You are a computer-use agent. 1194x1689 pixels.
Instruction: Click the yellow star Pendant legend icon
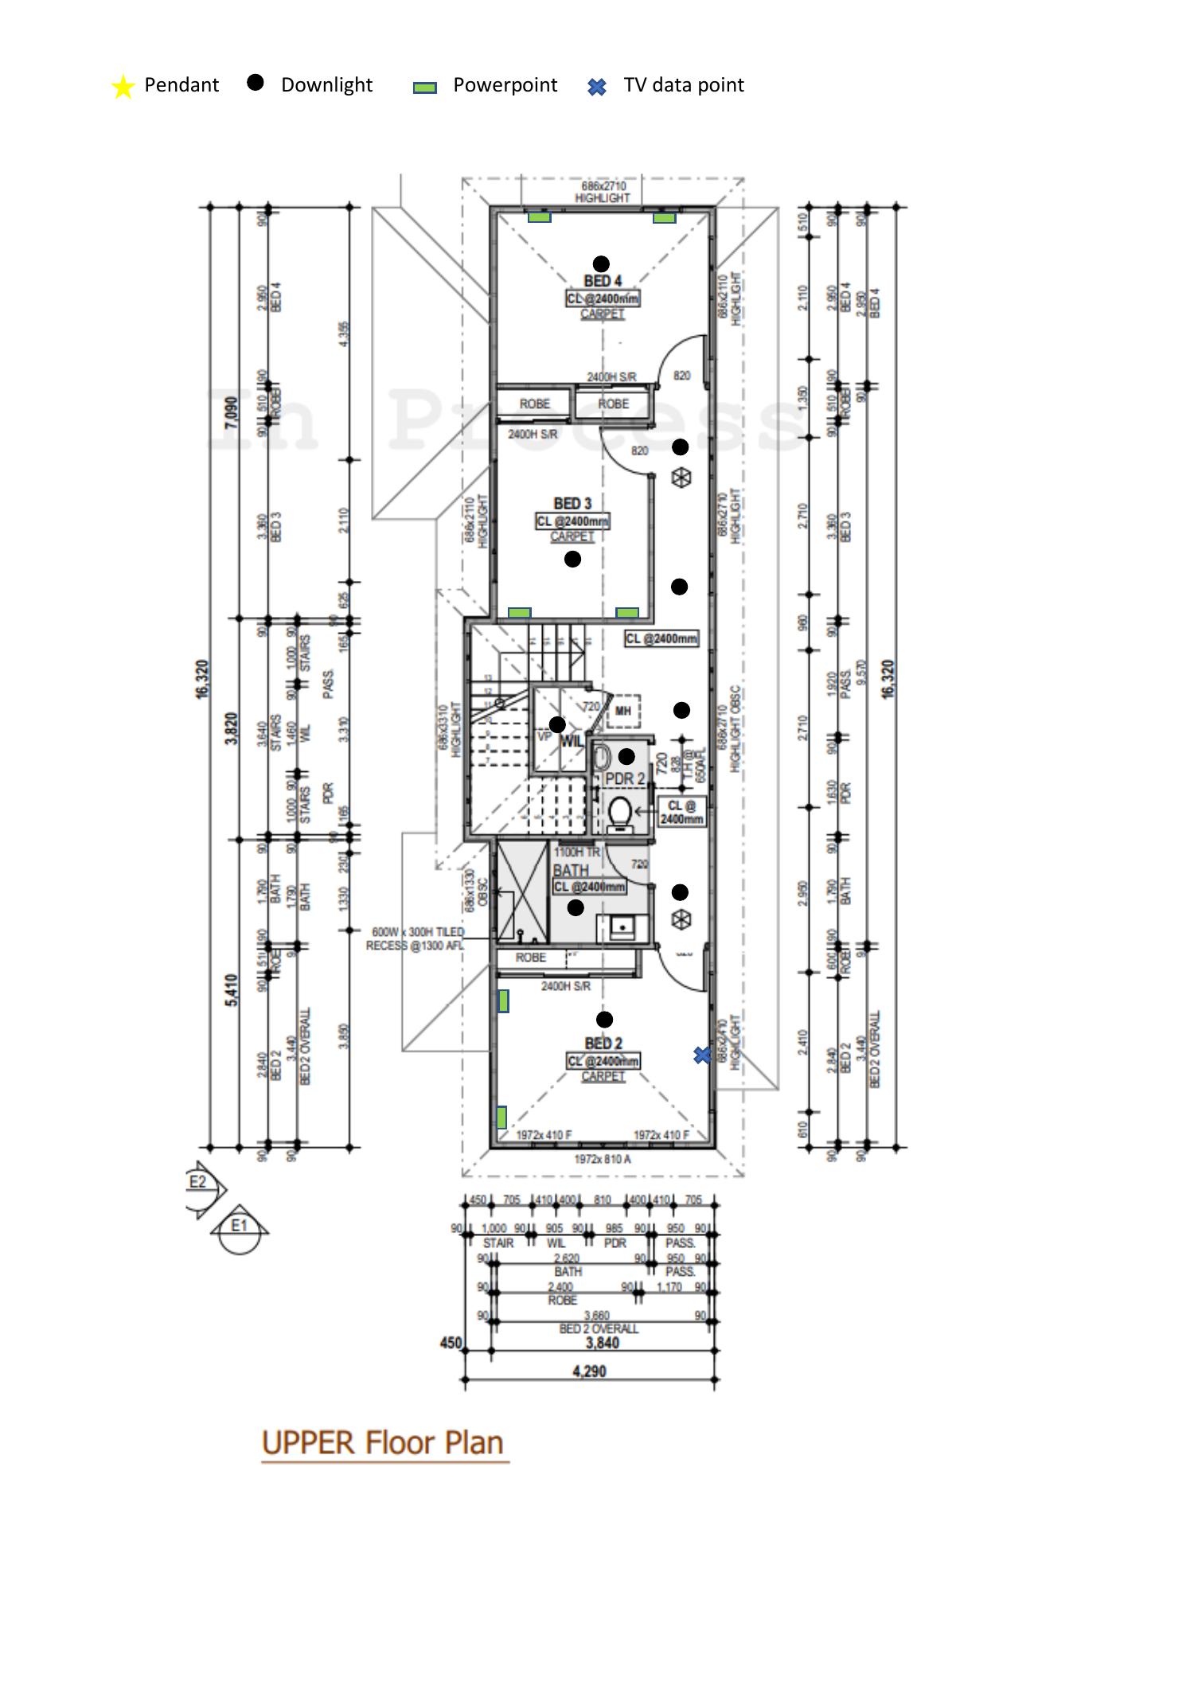123,87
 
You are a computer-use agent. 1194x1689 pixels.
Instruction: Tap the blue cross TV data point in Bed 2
702,1055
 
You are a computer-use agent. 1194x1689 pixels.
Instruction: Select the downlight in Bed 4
602,263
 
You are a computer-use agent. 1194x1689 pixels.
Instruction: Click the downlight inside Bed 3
572,559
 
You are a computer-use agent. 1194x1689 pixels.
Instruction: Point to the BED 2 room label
603,1043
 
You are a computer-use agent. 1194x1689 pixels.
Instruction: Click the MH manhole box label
623,711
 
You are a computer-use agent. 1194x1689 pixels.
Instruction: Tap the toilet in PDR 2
619,814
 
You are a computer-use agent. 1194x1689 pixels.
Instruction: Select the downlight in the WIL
557,724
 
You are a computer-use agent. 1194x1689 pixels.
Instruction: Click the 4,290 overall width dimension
589,1371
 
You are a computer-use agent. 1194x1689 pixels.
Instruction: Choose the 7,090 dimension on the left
231,413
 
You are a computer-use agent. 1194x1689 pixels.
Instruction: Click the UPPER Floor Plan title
383,1443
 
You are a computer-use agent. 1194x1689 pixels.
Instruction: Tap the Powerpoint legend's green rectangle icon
424,88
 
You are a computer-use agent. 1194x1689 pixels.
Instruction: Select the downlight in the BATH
576,907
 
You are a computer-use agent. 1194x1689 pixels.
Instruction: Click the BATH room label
571,871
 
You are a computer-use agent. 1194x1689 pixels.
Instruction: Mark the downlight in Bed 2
604,1019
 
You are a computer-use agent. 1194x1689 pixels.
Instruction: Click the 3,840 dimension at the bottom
602,1343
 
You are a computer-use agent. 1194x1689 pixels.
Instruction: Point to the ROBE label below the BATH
531,958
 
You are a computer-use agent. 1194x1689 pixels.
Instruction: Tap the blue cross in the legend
597,87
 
